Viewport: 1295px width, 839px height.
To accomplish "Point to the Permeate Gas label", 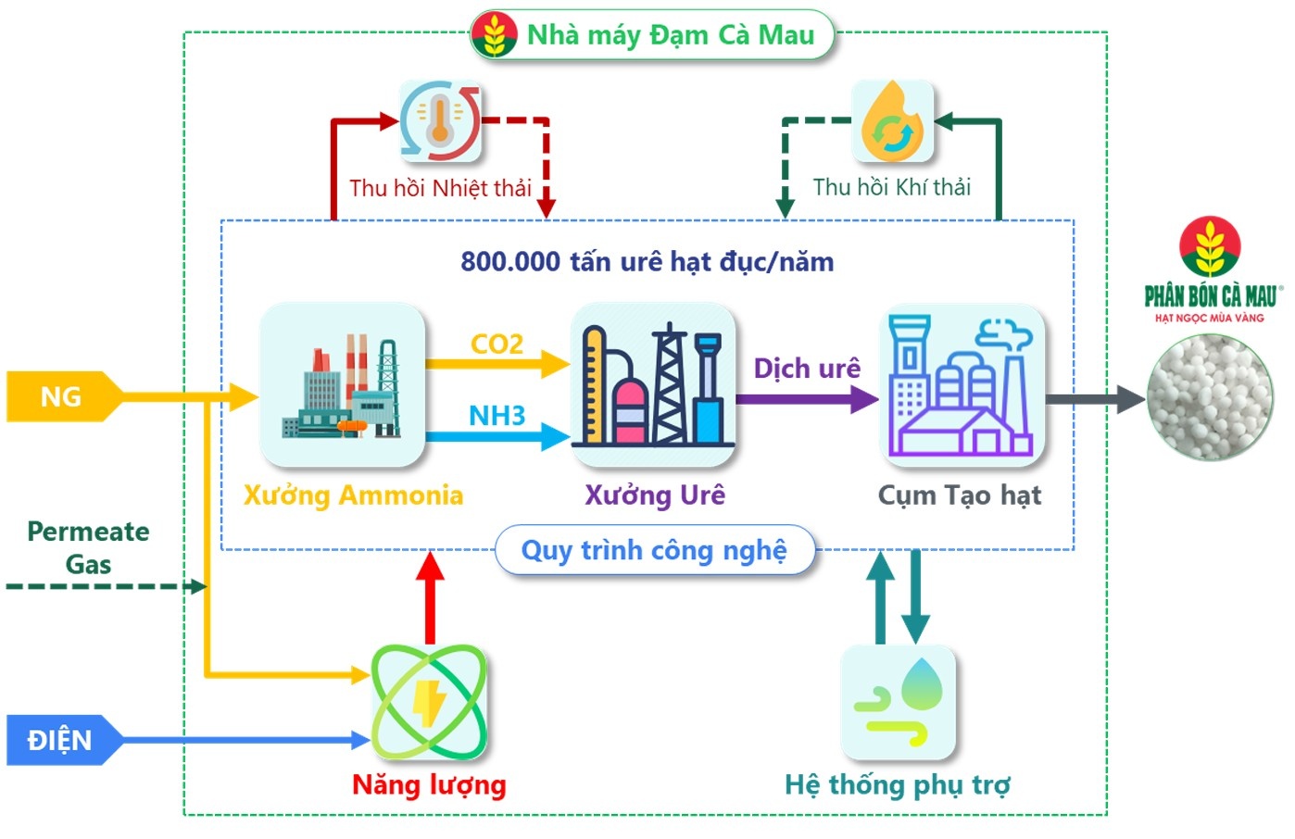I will [88, 547].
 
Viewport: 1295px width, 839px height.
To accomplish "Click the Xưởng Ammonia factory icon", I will [342, 384].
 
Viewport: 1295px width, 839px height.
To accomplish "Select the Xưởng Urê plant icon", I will [653, 384].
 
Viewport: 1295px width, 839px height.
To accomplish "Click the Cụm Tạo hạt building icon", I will [961, 384].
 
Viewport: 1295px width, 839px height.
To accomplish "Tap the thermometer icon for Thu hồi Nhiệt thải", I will [440, 121].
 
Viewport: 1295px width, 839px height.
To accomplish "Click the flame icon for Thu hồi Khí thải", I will [891, 121].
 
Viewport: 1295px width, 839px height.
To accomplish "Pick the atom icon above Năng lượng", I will [429, 702].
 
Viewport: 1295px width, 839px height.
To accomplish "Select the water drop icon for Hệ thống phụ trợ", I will [897, 702].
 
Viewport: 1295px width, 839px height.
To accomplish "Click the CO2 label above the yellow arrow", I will [497, 344].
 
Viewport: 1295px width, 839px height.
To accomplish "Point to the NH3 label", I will [497, 415].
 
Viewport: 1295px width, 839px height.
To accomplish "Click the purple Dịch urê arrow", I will [806, 400].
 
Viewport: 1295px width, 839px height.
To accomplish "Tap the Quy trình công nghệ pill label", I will [654, 550].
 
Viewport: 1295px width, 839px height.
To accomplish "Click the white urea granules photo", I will [1209, 398].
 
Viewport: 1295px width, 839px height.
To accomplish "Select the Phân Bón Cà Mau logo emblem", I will [1209, 247].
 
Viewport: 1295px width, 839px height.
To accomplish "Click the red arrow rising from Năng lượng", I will [430, 597].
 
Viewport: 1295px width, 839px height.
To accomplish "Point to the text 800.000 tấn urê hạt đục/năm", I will [647, 261].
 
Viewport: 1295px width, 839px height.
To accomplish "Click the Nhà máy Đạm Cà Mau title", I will [653, 35].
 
